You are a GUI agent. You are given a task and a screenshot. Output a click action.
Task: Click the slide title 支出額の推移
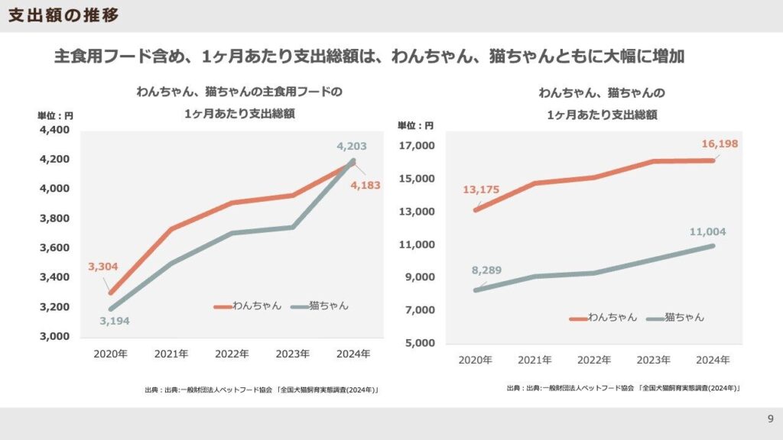coord(63,15)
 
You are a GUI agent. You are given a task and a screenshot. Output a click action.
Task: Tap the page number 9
coord(770,419)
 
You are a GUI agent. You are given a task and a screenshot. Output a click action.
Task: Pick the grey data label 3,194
coord(114,321)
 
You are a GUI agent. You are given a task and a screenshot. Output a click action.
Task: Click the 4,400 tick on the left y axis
coord(54,130)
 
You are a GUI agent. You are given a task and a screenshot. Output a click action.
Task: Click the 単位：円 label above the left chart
coord(55,116)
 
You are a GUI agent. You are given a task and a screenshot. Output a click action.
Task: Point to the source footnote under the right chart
coord(623,388)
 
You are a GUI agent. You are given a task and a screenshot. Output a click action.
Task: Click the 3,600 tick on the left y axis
coord(54,248)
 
